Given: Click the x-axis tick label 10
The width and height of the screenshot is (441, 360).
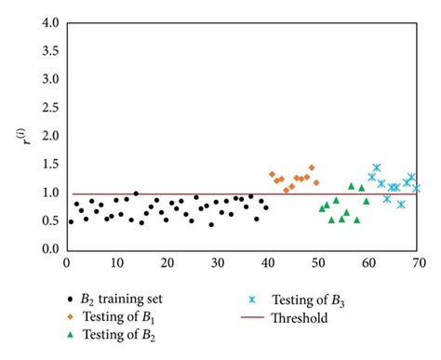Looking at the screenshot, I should (x=116, y=263).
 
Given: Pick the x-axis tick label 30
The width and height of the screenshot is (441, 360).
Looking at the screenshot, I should (x=217, y=263).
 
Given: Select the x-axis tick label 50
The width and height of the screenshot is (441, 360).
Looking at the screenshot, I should (x=317, y=263).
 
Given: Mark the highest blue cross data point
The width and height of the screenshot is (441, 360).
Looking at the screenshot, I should (x=377, y=168).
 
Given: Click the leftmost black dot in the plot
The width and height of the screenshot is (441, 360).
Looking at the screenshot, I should (x=71, y=221).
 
